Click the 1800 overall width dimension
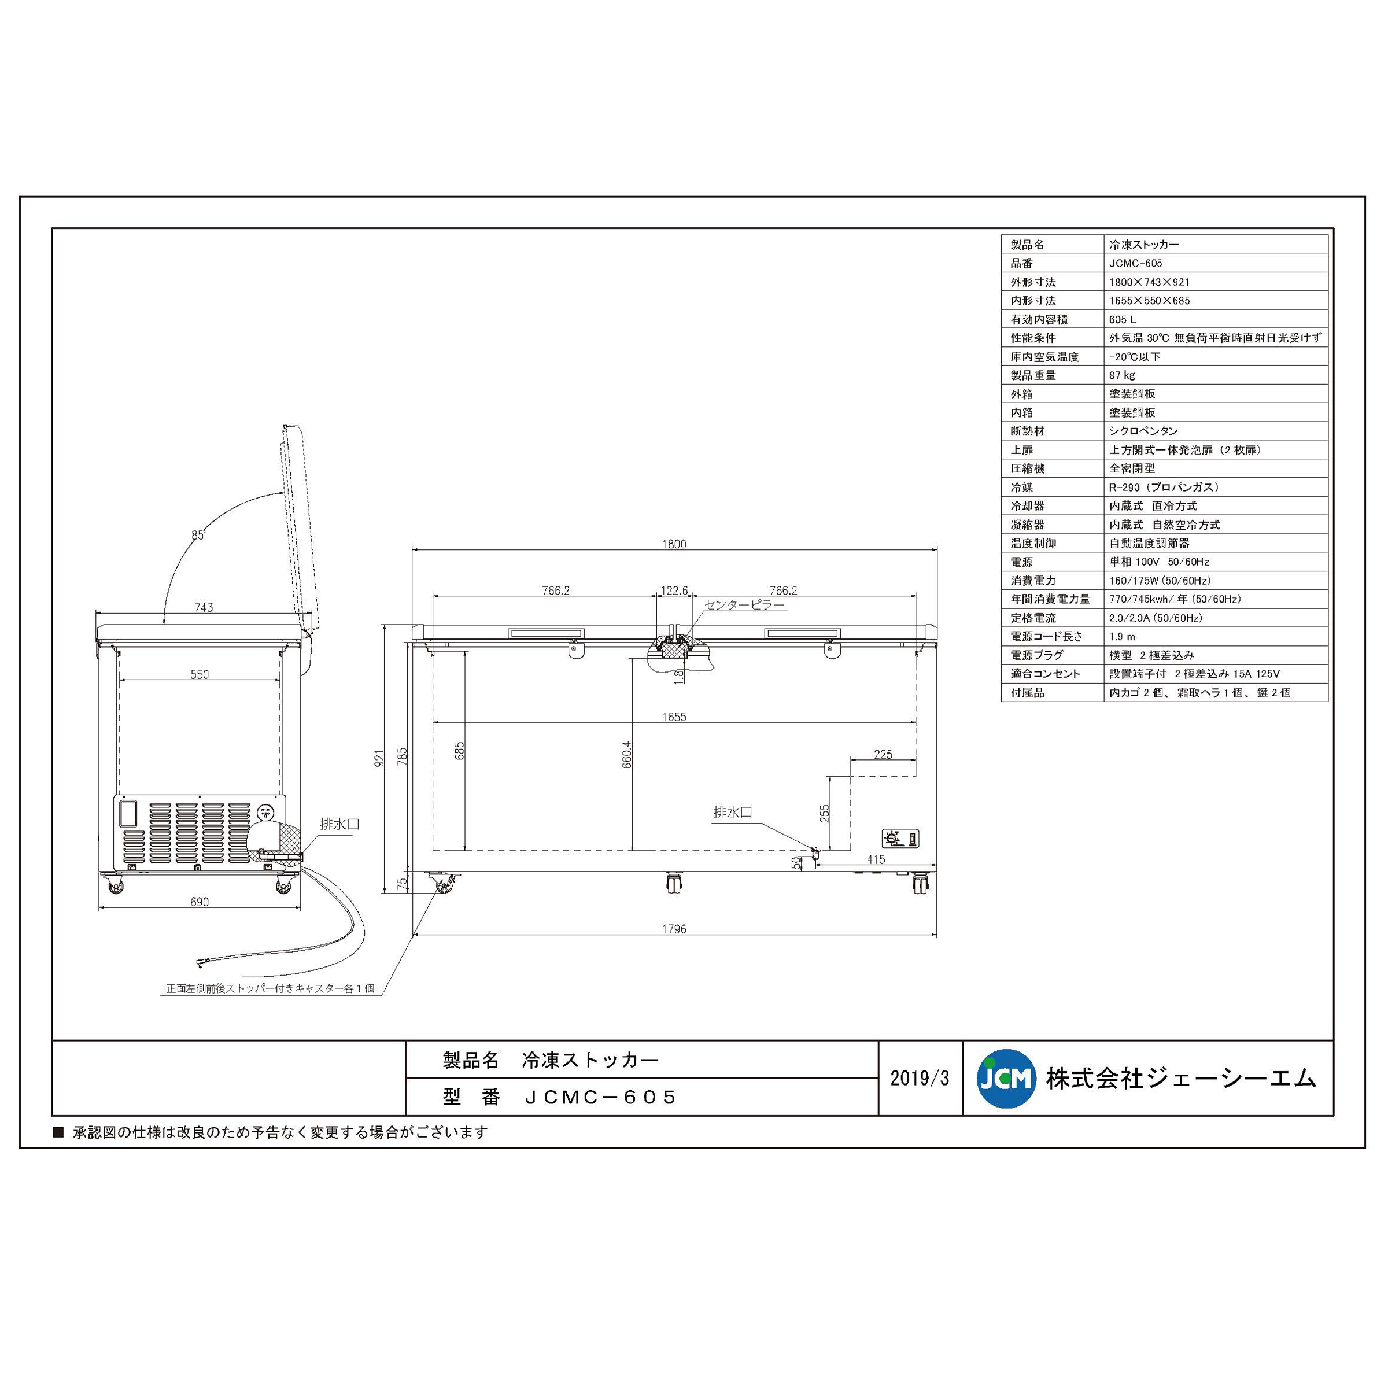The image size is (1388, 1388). click(674, 544)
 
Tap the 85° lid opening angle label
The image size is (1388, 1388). click(198, 534)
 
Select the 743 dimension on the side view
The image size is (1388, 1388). click(204, 607)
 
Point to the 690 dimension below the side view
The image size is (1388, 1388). click(199, 902)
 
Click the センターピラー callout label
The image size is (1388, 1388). click(744, 605)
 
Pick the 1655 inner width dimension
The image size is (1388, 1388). click(674, 717)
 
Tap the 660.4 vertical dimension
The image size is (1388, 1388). click(626, 754)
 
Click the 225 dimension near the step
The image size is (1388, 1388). click(883, 754)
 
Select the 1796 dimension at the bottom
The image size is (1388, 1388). click(674, 929)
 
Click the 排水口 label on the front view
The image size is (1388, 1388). click(732, 813)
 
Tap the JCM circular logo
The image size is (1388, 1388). click(1006, 1079)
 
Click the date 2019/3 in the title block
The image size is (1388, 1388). click(920, 1079)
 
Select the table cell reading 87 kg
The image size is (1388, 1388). click(1121, 375)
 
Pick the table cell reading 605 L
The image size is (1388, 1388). click(1122, 319)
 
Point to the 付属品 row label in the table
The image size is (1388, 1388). click(1027, 693)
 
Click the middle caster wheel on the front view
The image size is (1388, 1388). click(673, 883)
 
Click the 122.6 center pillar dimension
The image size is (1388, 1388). click(674, 590)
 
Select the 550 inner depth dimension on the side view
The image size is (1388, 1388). click(199, 674)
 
